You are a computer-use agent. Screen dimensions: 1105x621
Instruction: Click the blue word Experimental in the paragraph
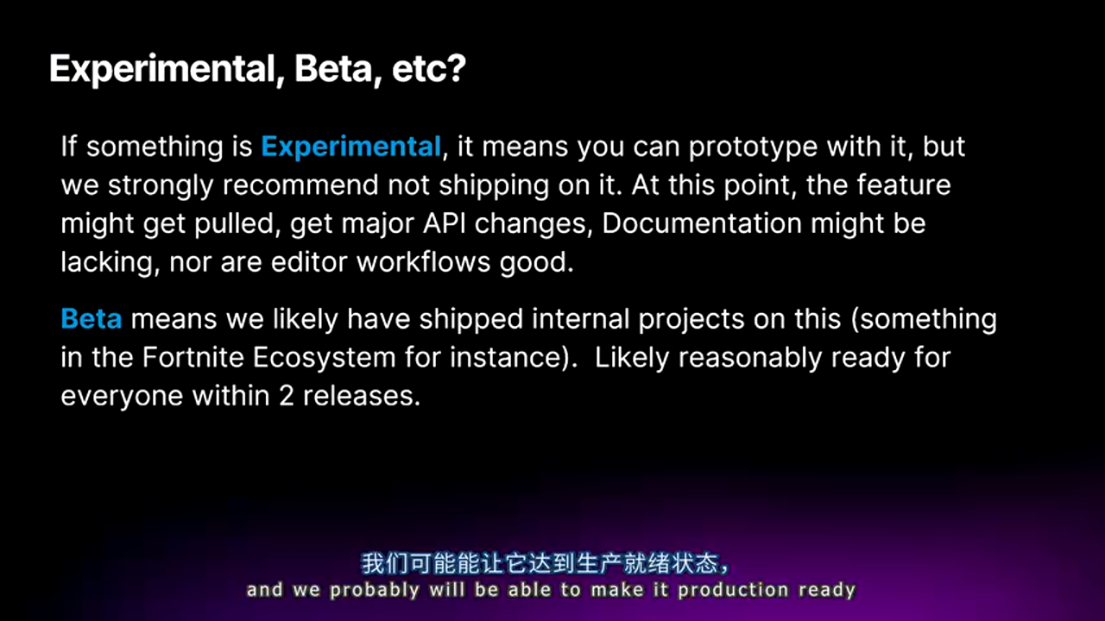(x=350, y=147)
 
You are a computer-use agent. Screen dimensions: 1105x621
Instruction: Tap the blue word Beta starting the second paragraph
(x=92, y=319)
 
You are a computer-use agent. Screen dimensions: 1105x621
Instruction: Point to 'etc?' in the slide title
(x=429, y=68)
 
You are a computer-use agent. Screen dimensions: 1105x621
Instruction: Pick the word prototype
(x=753, y=147)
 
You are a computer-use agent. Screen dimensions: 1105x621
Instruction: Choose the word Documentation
(x=702, y=223)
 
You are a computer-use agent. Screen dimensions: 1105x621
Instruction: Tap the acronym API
(x=444, y=223)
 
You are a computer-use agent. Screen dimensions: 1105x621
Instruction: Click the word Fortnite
(x=193, y=357)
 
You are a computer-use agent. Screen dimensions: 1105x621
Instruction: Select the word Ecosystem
(x=324, y=358)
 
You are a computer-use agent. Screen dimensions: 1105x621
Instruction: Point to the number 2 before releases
(x=286, y=396)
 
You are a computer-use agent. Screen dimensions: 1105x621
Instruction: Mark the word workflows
(x=423, y=261)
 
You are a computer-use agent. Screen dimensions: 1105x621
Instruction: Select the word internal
(x=581, y=319)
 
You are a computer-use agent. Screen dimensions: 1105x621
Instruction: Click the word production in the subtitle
(x=733, y=591)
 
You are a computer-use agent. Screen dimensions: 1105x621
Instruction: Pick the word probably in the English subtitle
(x=375, y=591)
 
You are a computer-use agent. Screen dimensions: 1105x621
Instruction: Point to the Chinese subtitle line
(x=545, y=563)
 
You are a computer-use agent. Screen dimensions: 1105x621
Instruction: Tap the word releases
(x=362, y=396)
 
